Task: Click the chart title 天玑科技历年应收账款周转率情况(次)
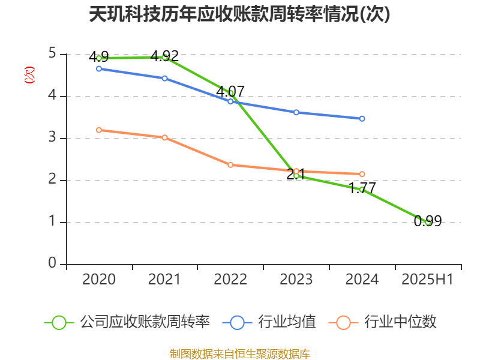tap(239, 14)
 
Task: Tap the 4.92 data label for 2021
tap(165, 56)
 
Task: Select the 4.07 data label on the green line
tap(230, 91)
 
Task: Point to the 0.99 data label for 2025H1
tap(428, 221)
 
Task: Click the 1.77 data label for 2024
tap(362, 188)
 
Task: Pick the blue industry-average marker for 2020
tap(99, 68)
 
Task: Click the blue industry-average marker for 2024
tap(362, 119)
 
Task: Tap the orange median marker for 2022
tap(230, 164)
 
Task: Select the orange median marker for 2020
tap(99, 130)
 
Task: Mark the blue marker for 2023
tap(296, 112)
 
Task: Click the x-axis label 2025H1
tap(428, 280)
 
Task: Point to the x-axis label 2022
tap(230, 280)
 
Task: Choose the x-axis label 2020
tap(99, 280)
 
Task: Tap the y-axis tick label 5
tap(53, 54)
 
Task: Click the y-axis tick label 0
tap(53, 264)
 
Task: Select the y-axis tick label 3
tap(53, 138)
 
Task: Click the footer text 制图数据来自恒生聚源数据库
tap(239, 353)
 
